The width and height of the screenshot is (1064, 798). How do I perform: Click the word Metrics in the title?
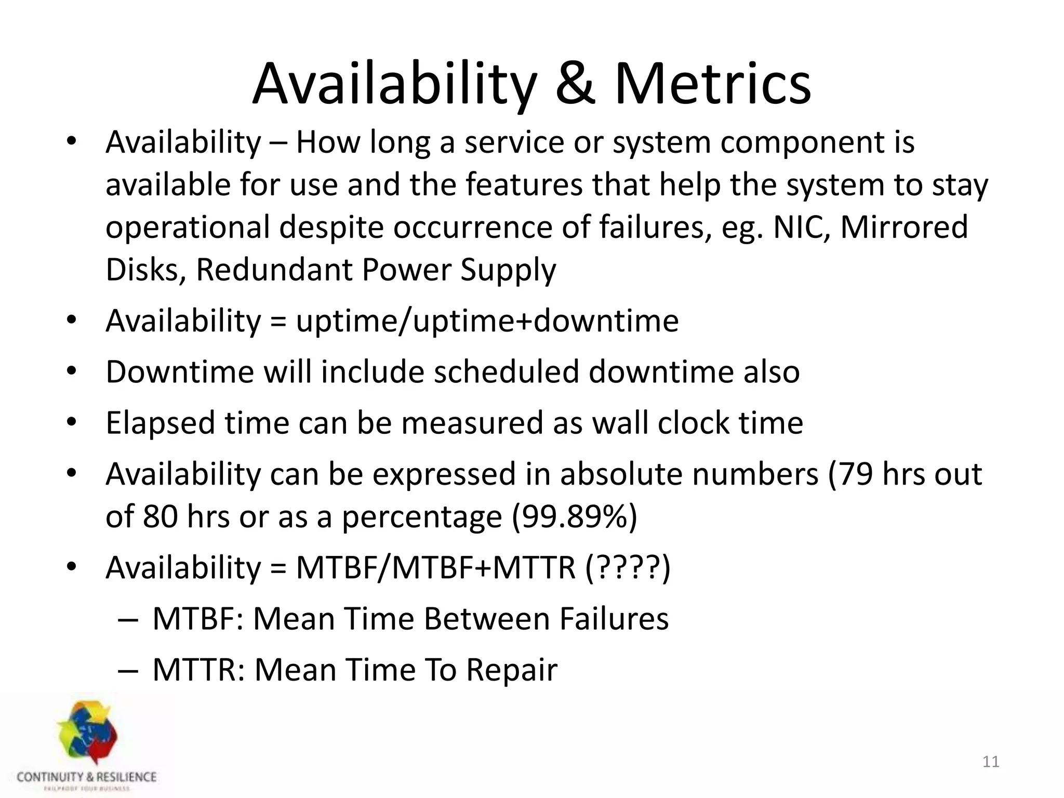pos(712,84)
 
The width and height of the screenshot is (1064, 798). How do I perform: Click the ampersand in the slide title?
pos(575,84)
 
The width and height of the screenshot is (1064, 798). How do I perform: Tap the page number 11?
pos(991,762)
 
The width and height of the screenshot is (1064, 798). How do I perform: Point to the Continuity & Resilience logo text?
pos(87,777)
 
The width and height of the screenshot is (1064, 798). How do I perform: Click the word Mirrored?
pos(904,228)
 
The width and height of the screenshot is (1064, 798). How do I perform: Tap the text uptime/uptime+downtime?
pos(487,321)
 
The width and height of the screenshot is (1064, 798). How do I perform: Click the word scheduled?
pos(507,372)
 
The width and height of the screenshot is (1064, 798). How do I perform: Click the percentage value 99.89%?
pos(574,517)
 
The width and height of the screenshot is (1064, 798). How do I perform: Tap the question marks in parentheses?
pos(628,567)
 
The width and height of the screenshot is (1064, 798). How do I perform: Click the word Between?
pos(486,619)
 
